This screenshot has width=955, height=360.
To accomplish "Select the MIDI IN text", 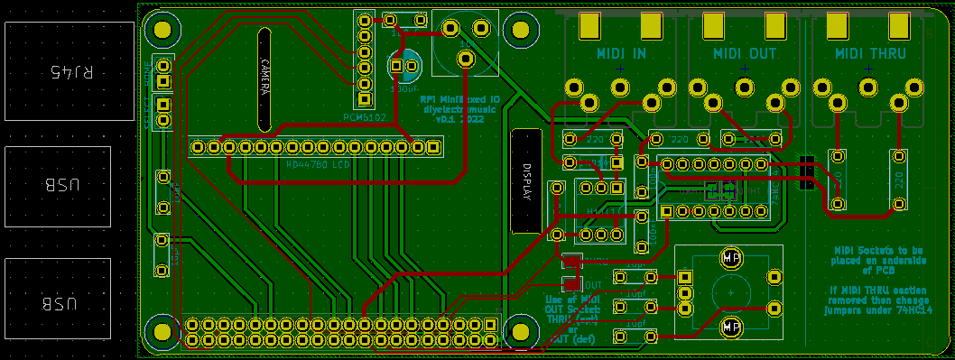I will (x=621, y=54).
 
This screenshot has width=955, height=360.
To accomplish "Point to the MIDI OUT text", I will (x=745, y=54).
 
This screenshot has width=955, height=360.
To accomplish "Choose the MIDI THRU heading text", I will (x=868, y=54).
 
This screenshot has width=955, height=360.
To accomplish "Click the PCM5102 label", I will (x=365, y=117).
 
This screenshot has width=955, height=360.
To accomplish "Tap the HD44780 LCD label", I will (x=318, y=165).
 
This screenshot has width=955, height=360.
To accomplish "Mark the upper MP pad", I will (x=731, y=258).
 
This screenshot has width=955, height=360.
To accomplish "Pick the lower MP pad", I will (x=731, y=325).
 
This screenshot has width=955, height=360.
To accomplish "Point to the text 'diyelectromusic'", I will (x=460, y=109).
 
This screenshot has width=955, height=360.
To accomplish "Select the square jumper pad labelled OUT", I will (x=572, y=283).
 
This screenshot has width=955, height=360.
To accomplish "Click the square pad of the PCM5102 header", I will (x=365, y=99).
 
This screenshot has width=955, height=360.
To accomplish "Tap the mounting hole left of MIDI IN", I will (x=519, y=30).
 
